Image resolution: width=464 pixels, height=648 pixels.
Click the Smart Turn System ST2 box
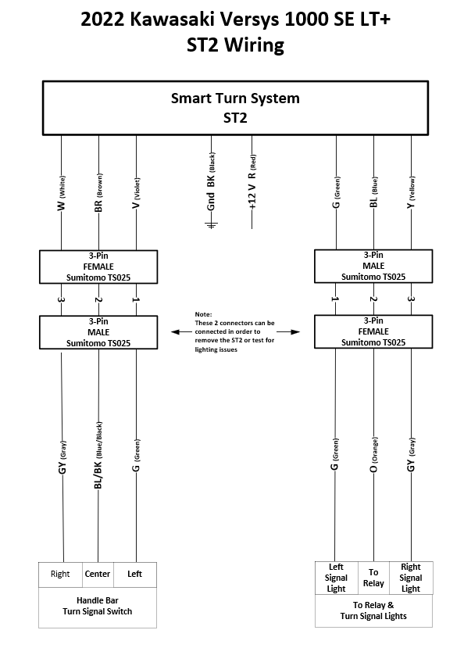[235, 109]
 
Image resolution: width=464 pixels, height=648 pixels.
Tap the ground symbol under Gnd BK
[210, 226]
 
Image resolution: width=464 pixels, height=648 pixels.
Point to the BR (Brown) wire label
[98, 195]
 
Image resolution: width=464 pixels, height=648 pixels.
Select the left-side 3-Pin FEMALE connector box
[98, 265]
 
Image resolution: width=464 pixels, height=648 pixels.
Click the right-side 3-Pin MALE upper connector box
[373, 265]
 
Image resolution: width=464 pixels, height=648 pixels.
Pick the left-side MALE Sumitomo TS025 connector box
[98, 331]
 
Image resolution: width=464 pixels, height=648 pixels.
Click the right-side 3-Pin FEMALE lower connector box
[373, 331]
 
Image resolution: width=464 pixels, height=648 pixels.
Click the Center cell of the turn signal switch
[98, 574]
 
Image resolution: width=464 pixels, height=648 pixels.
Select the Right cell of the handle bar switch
[60, 574]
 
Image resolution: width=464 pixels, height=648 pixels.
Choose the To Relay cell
[373, 578]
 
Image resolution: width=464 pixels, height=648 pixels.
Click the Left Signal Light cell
[336, 578]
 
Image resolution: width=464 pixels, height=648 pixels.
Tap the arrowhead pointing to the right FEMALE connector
[296, 331]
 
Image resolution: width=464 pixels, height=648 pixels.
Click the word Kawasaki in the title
[180, 19]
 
